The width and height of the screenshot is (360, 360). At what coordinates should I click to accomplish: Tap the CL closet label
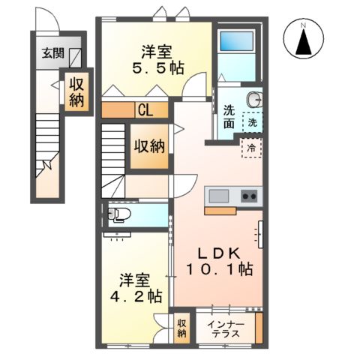[x=145, y=110]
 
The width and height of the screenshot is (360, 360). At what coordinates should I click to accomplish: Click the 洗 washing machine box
[x=253, y=121]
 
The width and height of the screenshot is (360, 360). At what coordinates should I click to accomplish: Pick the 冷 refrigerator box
[x=252, y=148]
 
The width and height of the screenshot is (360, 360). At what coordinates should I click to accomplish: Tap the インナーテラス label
[x=225, y=328]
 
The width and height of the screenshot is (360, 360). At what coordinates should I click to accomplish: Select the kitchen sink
[x=220, y=196]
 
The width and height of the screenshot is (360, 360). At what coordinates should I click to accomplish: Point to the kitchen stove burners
[x=248, y=196]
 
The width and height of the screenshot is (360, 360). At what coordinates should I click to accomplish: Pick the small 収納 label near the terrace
[x=181, y=328]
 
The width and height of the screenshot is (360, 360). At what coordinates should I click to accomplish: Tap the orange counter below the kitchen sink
[x=223, y=211]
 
